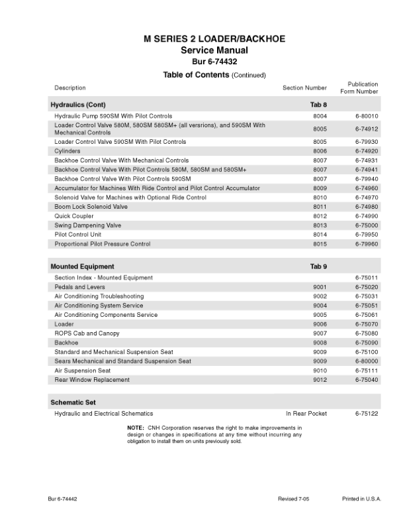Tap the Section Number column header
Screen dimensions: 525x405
(304, 87)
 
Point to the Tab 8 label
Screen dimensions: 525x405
(319, 105)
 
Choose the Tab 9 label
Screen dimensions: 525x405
(319, 266)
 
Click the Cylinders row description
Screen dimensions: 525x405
(67, 151)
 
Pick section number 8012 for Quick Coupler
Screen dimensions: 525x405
(320, 216)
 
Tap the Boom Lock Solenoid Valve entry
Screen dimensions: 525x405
(91, 207)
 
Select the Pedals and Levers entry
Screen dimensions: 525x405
(79, 287)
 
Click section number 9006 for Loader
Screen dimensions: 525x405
(320, 324)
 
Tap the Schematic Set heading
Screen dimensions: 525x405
(73, 402)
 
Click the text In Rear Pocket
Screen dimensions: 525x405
(306, 413)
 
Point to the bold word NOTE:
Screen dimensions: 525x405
(136, 428)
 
